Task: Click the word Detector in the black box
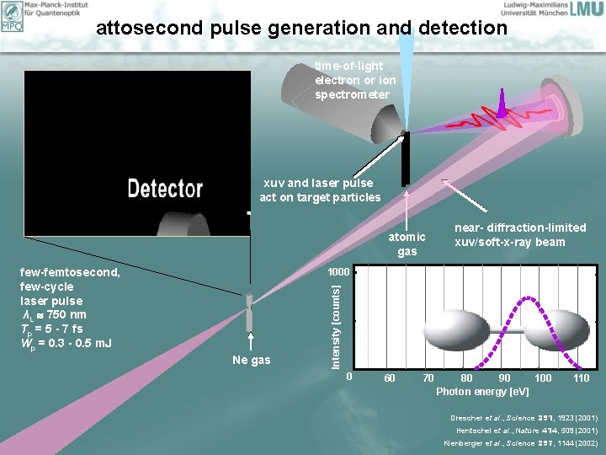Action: [x=165, y=189]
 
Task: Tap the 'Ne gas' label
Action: [x=251, y=360]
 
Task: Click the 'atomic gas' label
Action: [x=407, y=244]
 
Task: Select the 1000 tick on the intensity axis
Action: [x=338, y=272]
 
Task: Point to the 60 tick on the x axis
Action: [x=390, y=378]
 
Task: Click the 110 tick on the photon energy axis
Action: [x=580, y=378]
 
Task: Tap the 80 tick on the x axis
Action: [x=466, y=378]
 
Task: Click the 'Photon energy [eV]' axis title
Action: [x=482, y=392]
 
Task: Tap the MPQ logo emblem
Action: [x=12, y=16]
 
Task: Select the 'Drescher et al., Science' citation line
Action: [x=524, y=417]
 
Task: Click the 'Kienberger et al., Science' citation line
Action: [x=521, y=442]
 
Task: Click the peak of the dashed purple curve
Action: [x=528, y=298]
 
